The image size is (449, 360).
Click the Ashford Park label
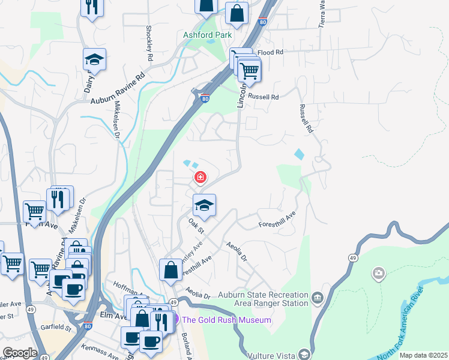pyautogui.click(x=207, y=35)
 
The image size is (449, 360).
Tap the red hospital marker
pyautogui.click(x=200, y=178)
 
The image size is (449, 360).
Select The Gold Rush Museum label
pyautogui.click(x=226, y=320)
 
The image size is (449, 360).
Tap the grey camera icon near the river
pyautogui.click(x=378, y=274)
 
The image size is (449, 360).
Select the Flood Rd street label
pyautogui.click(x=270, y=53)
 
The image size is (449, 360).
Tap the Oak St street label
pyautogui.click(x=196, y=226)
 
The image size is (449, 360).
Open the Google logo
pyautogui.click(x=20, y=353)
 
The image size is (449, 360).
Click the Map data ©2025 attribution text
pyautogui.click(x=423, y=355)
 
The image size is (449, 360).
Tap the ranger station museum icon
pyautogui.click(x=317, y=296)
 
